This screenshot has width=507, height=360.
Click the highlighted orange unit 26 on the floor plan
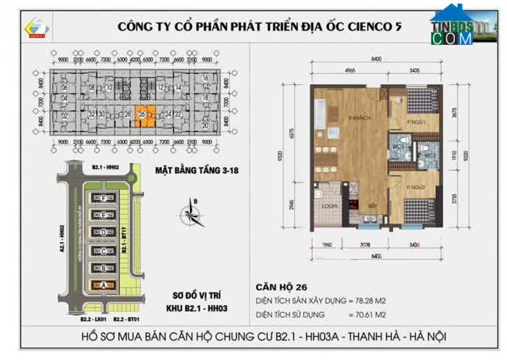pyautogui.click(x=140, y=114)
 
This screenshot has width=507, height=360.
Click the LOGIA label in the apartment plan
pyautogui.click(x=329, y=206)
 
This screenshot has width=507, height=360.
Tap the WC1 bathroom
pyautogui.click(x=401, y=145)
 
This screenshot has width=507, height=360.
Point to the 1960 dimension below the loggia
pyautogui.click(x=327, y=246)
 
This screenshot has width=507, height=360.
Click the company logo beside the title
pyautogui.click(x=37, y=27)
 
